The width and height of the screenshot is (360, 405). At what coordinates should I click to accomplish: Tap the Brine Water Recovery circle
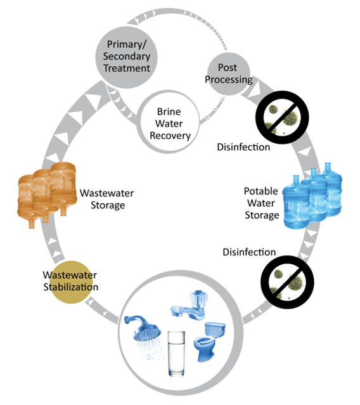(170, 117)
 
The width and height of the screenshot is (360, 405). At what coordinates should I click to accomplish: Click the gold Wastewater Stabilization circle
(70, 280)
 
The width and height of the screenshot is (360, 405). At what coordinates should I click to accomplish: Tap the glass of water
(176, 357)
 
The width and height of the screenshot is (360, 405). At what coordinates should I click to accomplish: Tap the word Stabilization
(70, 286)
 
